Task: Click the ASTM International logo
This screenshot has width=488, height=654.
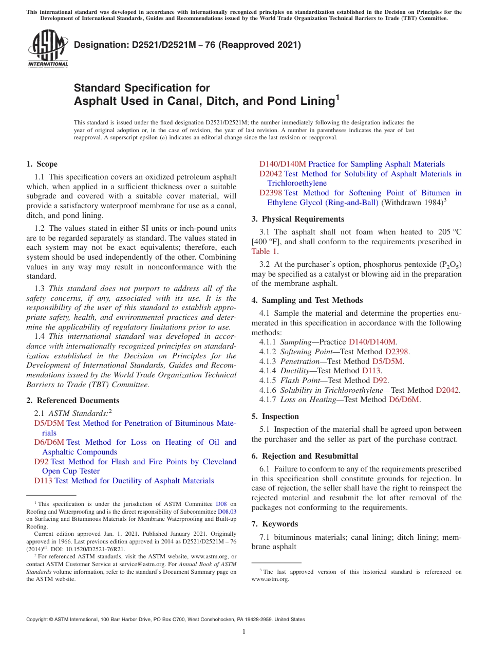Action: (x=48, y=49)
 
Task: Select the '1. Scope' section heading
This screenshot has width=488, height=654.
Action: (x=42, y=164)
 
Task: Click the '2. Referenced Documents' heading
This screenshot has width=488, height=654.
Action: (x=72, y=401)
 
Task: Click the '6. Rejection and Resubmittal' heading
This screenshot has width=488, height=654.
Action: (x=305, y=456)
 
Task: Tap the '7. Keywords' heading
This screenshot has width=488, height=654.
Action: (x=274, y=524)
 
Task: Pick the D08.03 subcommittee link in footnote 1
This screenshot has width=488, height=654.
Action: (x=227, y=512)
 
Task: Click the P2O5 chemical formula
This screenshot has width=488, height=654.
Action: (x=451, y=265)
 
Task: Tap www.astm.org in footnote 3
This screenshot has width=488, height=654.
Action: (x=270, y=579)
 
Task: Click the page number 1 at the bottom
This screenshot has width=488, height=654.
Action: (x=244, y=632)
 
